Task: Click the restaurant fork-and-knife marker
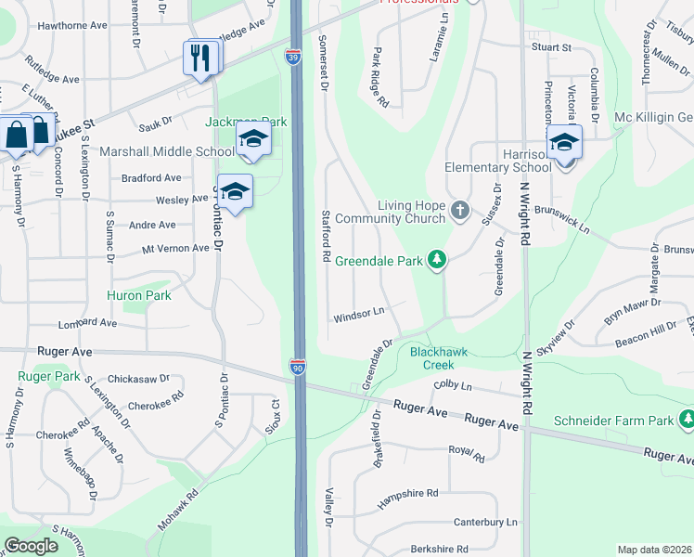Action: coord(201,58)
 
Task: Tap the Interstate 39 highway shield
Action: coord(291,58)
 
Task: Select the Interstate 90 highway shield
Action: coord(298,367)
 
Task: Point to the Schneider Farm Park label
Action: coord(613,421)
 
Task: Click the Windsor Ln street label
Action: coord(359,316)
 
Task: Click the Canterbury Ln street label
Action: coord(480,523)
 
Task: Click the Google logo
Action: coord(31,546)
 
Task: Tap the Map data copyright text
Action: coord(654,550)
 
